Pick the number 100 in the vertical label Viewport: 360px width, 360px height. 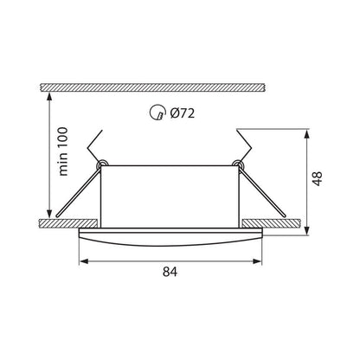(63, 138)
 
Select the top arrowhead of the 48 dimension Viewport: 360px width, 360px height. (310, 133)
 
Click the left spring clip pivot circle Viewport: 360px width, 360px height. (102, 163)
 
